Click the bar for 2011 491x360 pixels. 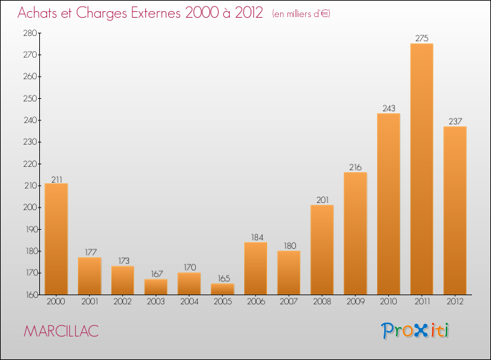point(422,169)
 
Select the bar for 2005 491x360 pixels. point(222,289)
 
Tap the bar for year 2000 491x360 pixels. point(56,239)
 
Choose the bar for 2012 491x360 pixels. point(455,210)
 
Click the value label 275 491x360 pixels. point(422,39)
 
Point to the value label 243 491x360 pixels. point(388,109)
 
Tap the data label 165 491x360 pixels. point(222,279)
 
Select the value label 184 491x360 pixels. point(255,238)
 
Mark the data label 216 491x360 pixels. point(355,168)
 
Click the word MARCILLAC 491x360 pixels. point(61,331)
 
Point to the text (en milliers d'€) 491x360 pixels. point(301,14)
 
